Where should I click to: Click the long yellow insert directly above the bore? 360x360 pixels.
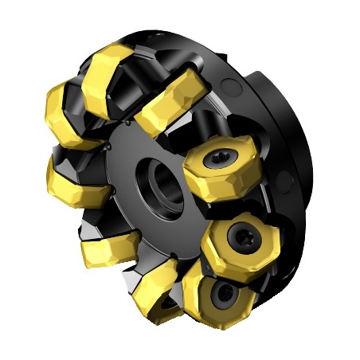click(x=169, y=108)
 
